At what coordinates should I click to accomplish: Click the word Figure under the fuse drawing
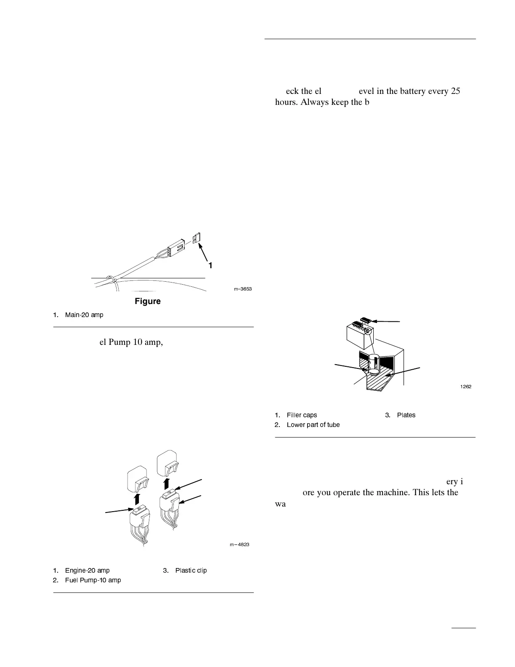148,301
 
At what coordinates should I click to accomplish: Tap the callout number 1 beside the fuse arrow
210,266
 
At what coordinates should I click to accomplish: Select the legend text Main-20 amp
84,315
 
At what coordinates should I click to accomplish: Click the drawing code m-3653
243,289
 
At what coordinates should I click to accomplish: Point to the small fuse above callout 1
196,239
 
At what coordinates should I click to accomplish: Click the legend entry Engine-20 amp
87,571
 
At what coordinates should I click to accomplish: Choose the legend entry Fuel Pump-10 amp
93,580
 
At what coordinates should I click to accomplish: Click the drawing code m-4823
239,544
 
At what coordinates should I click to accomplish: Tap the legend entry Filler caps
302,415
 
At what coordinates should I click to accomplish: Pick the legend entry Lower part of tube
313,425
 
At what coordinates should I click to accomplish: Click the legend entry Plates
406,415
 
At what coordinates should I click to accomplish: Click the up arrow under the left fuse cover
136,499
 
